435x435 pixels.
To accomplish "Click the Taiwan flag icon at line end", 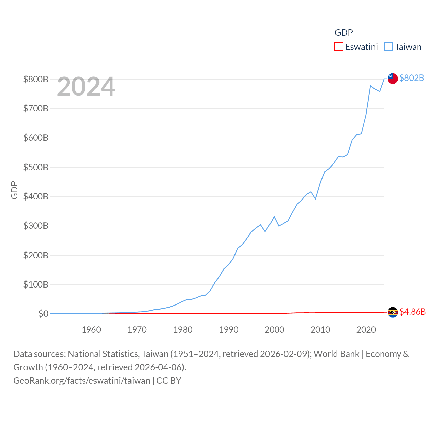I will click(x=393, y=78).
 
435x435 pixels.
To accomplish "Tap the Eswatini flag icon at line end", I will click(x=393, y=312).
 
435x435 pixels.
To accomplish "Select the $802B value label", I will click(x=412, y=78).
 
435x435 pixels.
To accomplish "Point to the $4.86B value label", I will click(x=413, y=312).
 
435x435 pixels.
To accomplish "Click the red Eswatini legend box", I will click(x=339, y=47).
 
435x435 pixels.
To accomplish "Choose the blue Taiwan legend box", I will click(x=388, y=47).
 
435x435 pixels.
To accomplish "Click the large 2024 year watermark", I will click(x=86, y=87).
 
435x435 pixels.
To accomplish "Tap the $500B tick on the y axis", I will click(x=36, y=167).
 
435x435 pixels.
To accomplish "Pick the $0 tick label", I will click(x=43, y=314).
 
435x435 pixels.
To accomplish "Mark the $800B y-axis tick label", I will click(x=36, y=79).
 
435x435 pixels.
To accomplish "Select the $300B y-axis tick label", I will click(x=36, y=226).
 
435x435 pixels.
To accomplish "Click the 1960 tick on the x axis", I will click(x=91, y=330).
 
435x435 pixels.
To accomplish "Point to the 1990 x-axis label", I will click(x=229, y=330).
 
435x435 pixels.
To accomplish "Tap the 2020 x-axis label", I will click(x=366, y=330).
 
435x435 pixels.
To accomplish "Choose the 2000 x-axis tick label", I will click(x=275, y=330).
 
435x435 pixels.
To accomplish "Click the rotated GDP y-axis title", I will click(x=14, y=190).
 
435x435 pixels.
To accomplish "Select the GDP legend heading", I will click(x=344, y=32).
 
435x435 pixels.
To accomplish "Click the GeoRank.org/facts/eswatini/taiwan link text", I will click(x=82, y=380).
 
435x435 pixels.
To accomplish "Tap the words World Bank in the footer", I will click(x=336, y=354).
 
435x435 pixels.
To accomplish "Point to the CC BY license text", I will click(x=169, y=380).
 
